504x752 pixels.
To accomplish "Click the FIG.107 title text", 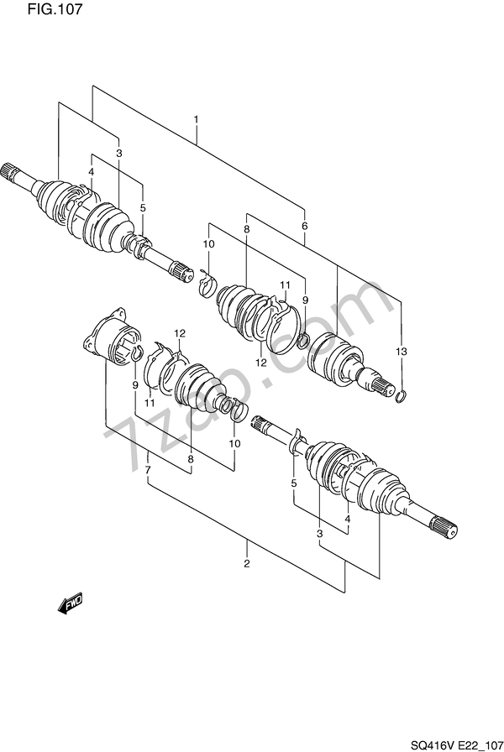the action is (x=55, y=9).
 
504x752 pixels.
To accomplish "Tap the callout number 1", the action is (x=196, y=118).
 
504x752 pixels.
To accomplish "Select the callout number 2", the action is (x=247, y=563).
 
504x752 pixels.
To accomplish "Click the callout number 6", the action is (x=304, y=226).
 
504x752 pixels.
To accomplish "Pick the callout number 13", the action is (x=402, y=352).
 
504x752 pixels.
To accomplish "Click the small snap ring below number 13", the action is (x=402, y=396).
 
